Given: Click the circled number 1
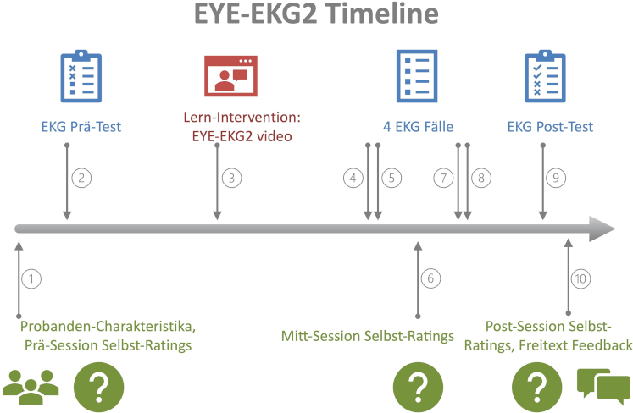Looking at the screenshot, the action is point(31,278).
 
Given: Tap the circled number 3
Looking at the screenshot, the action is point(231,178).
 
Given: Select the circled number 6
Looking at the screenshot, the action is point(430,278).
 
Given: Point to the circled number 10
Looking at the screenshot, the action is point(580,278).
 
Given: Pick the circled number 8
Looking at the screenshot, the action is point(481,178).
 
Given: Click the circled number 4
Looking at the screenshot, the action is point(353,178).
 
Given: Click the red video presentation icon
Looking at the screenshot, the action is point(230,76).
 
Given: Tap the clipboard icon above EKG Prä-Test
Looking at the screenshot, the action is point(81,76).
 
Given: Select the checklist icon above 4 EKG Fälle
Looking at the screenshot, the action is point(417,76).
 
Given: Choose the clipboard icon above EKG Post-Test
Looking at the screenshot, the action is point(545,76).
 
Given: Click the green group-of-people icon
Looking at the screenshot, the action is point(31,387).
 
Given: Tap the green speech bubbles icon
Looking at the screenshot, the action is point(603,387).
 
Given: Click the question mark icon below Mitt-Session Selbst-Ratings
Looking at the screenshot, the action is point(418,388).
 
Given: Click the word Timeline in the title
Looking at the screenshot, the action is point(382,14).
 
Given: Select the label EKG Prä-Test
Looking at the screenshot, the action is point(81,127).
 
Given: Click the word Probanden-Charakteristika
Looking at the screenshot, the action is point(108,326).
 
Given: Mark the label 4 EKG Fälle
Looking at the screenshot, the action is point(419,127).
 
